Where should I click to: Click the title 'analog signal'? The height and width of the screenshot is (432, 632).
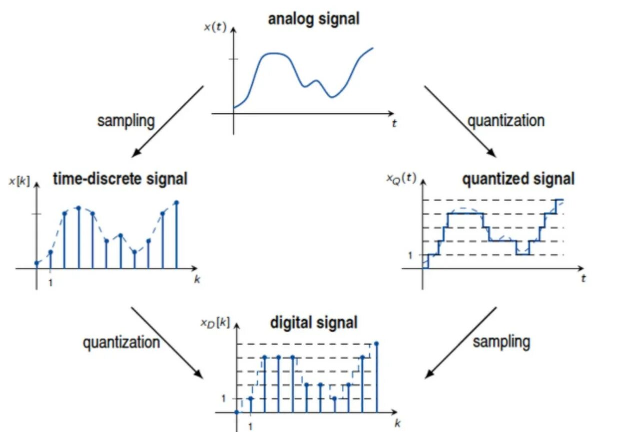(313, 19)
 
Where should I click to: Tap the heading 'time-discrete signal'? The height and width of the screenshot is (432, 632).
(120, 179)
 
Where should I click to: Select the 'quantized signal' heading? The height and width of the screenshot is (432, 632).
(518, 179)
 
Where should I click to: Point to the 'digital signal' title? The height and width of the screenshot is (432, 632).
(314, 322)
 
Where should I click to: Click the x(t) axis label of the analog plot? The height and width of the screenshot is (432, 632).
(215, 27)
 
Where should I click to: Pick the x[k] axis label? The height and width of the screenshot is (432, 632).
(19, 182)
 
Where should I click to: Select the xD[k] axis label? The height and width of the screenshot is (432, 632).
(215, 323)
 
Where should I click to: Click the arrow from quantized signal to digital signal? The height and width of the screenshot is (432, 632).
(461, 342)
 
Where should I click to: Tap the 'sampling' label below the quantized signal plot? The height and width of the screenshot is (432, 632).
(501, 342)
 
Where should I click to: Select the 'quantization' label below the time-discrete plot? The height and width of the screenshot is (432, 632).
(121, 342)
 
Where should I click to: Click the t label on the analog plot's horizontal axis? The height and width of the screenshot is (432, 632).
(394, 124)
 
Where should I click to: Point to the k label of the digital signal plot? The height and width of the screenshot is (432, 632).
(397, 424)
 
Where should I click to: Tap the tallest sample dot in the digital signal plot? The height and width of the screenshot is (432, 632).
(376, 344)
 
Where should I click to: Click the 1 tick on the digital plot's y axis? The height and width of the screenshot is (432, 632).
(223, 398)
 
